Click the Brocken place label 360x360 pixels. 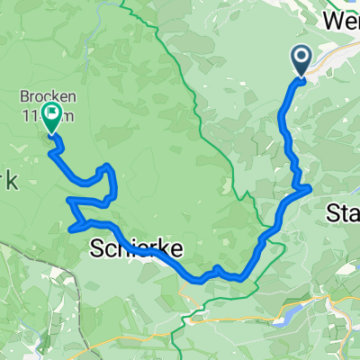(x=44, y=95)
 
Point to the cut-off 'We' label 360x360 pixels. (x=340, y=20)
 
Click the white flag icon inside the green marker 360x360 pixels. (x=50, y=114)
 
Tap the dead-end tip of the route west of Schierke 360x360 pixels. (x=70, y=229)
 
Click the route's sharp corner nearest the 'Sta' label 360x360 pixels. (x=309, y=187)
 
